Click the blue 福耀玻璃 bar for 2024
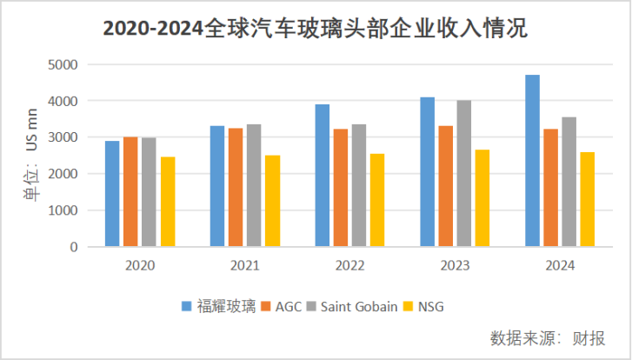533,161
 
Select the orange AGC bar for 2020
130,191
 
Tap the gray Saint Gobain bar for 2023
463,173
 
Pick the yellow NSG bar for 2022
376,200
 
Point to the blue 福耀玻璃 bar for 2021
217,186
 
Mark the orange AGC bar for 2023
445,186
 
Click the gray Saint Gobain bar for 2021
254,185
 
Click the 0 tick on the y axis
74,247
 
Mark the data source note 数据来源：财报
548,337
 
